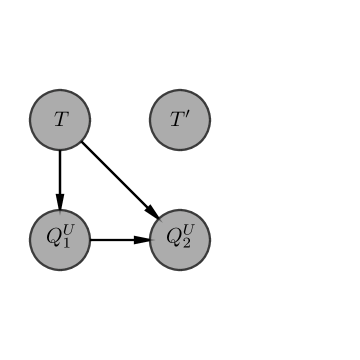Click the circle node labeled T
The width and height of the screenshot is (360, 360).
tap(60, 120)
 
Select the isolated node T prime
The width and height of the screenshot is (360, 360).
tap(180, 120)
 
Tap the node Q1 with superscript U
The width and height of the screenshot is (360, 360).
tap(60, 240)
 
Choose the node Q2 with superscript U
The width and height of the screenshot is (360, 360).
tap(180, 240)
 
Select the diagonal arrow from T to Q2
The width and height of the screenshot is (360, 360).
tap(118, 178)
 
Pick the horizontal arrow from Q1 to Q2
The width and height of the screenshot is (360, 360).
tap(118, 240)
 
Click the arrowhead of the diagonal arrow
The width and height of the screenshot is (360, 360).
tap(151, 211)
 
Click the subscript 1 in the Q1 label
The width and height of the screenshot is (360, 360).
tap(66, 244)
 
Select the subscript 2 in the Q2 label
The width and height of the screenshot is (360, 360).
tap(186, 244)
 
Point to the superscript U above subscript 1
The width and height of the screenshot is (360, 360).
tap(68, 232)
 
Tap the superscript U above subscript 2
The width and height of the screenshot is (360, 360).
tap(188, 232)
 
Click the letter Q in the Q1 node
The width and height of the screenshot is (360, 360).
tap(54, 239)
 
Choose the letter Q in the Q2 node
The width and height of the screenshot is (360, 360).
tap(174, 239)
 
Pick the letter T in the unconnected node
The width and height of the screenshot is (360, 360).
tap(177, 121)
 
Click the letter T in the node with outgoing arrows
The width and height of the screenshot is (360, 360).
tap(60, 120)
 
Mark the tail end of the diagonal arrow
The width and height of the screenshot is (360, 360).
tap(83, 143)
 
